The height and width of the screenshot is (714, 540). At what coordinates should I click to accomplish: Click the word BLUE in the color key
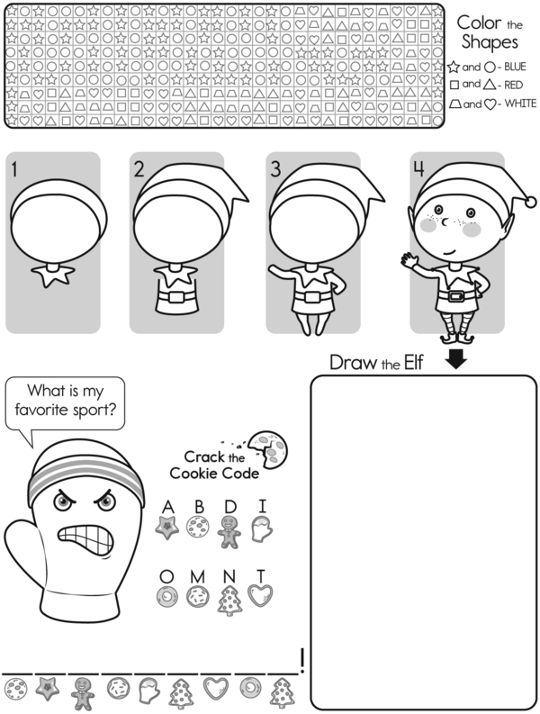coord(515,67)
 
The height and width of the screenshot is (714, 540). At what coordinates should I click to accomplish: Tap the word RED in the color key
coord(513,86)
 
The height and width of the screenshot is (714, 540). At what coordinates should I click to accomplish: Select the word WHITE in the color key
coord(520,104)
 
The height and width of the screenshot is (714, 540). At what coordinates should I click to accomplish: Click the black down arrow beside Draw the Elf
coord(455,358)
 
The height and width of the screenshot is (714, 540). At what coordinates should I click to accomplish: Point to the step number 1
coord(14,169)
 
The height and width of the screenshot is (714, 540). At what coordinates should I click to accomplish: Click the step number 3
coord(276,169)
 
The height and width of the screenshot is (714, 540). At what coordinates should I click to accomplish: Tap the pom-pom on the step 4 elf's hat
coord(531,202)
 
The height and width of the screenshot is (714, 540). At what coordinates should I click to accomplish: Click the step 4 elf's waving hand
coord(409,261)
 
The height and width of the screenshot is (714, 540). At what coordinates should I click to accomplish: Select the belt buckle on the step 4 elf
coord(456,296)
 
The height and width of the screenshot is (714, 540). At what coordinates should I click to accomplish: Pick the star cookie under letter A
coord(167,528)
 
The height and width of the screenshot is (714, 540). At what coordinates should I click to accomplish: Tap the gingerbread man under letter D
coord(229,532)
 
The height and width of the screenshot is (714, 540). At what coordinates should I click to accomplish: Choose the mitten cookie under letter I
coord(262,529)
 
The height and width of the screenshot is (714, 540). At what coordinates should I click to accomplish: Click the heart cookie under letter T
coord(260,596)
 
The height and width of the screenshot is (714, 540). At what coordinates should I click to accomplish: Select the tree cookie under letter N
coord(229,601)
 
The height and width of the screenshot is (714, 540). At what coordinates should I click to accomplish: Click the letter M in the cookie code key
coord(197,577)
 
